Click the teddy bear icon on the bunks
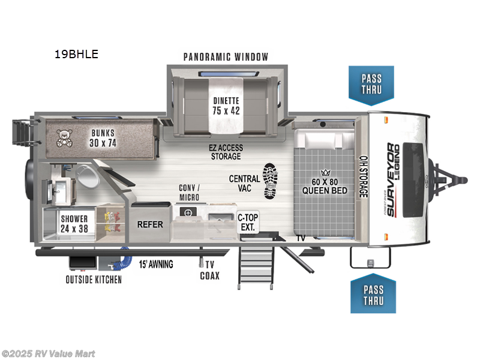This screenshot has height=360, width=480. [x=64, y=138]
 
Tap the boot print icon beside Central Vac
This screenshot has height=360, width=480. [x=271, y=181]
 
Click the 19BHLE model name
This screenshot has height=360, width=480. [x=76, y=54]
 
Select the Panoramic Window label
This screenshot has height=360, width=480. [x=226, y=57]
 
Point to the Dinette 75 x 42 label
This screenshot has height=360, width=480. [x=226, y=106]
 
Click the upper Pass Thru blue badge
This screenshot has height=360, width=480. [x=371, y=85]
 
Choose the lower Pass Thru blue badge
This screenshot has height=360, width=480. [x=373, y=293]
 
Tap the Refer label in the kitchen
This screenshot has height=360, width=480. [x=150, y=224]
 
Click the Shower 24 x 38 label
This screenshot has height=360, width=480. [x=74, y=224]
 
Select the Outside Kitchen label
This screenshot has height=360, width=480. [x=94, y=280]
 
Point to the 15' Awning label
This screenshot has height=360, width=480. [x=156, y=264]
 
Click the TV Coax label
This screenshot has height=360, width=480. [x=209, y=270]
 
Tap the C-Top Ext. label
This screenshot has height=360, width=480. [x=248, y=222]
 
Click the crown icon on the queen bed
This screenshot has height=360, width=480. [x=325, y=172]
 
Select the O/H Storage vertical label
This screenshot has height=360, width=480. [x=364, y=176]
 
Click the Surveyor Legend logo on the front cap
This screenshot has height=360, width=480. [x=392, y=180]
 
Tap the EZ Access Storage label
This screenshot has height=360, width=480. [x=226, y=152]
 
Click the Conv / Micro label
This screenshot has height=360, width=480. [x=189, y=193]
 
